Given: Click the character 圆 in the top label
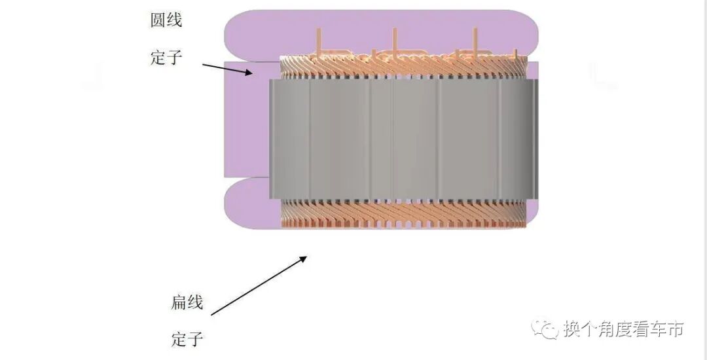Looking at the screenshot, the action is coord(158,20).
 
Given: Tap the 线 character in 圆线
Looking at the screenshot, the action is coord(174,20).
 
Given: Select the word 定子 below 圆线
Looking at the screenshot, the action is coord(166,58).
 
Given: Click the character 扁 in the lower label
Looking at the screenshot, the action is coord(179,302).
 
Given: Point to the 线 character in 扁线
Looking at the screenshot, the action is coord(195,302).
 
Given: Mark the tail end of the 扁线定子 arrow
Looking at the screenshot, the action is coord(212,315).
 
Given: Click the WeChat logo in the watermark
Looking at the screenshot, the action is coord(543,329).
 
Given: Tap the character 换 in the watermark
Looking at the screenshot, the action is coord(571,329).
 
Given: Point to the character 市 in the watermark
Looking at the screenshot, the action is coord(674,329).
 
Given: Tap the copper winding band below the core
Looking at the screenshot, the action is coord(403,213).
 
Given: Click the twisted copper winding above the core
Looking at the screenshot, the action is coord(403,65).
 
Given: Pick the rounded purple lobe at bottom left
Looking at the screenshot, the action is coord(249,203).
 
